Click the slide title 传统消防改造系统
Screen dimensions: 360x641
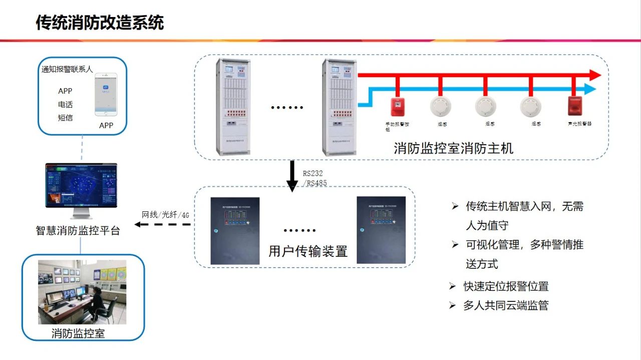tap(100, 23)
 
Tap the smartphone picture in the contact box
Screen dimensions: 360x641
tap(106, 95)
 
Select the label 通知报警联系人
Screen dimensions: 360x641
tap(67, 70)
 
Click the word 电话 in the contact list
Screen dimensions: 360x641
tap(65, 105)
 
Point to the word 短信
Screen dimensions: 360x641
tap(65, 118)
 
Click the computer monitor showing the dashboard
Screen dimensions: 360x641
tap(81, 186)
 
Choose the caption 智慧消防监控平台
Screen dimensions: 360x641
tap(78, 231)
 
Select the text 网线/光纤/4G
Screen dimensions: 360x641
tap(165, 215)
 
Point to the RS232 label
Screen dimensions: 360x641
tap(312, 173)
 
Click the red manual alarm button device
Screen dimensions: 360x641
tap(397, 106)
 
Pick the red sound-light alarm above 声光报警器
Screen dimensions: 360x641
tap(573, 105)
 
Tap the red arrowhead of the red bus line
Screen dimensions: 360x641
tap(594, 75)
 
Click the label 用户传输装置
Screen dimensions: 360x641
tap(307, 251)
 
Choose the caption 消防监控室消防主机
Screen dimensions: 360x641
tap(453, 148)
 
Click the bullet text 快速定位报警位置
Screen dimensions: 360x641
tap(506, 286)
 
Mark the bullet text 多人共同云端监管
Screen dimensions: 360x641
tap(506, 305)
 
